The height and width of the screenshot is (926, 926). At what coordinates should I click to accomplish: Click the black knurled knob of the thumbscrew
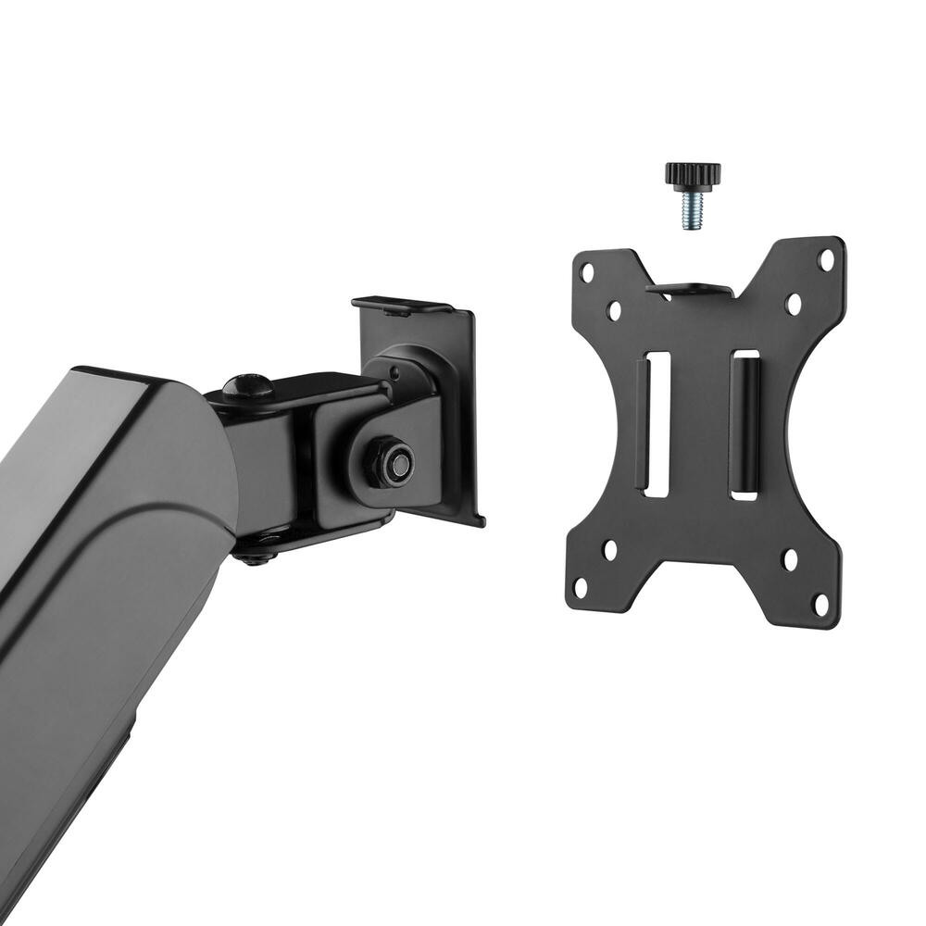[693, 173]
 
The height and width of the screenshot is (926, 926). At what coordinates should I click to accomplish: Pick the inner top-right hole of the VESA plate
[793, 303]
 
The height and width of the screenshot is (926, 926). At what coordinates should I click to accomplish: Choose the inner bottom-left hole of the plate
[610, 549]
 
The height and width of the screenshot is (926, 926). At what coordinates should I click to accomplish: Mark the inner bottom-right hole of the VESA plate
[790, 560]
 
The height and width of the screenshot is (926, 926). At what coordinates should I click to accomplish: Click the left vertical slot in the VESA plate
[656, 424]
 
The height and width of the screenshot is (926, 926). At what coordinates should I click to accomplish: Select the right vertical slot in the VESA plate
[744, 425]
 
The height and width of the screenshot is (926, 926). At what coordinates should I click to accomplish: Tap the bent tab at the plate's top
[690, 290]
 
